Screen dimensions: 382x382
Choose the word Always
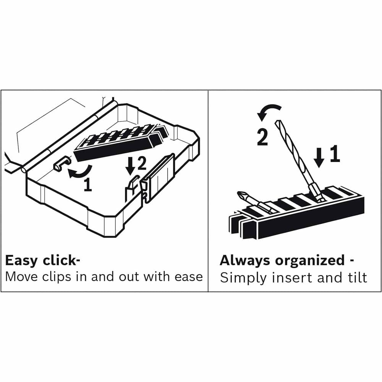pos(244,261)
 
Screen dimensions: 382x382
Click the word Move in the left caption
pos(21,277)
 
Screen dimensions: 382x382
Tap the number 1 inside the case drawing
pos(87,185)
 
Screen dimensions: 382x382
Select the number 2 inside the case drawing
pos(141,164)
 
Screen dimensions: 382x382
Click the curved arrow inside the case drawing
pos(79,172)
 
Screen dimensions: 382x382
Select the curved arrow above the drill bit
pos(269,112)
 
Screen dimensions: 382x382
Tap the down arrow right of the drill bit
pos(320,157)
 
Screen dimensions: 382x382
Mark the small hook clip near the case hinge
pos(59,165)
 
